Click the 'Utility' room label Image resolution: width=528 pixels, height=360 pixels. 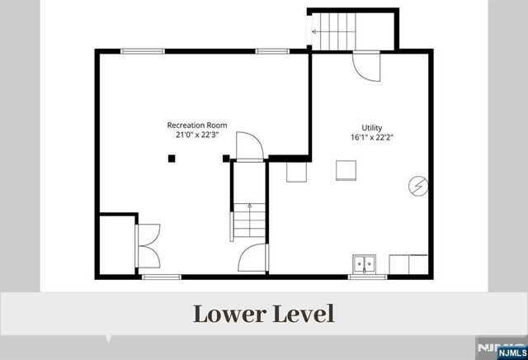tap(370, 128)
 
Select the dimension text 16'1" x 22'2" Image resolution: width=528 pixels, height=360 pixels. tap(370, 138)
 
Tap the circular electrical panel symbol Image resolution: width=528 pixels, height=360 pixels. tap(418, 187)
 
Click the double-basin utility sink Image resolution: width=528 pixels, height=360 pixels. tap(363, 265)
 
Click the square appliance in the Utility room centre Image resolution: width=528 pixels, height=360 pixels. tap(346, 169)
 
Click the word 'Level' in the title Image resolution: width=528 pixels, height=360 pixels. tap(304, 314)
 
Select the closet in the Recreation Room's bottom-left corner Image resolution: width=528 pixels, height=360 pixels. tap(115, 244)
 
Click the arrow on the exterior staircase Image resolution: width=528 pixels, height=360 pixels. tap(314, 31)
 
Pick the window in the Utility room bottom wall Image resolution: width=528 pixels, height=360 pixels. tap(367, 277)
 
